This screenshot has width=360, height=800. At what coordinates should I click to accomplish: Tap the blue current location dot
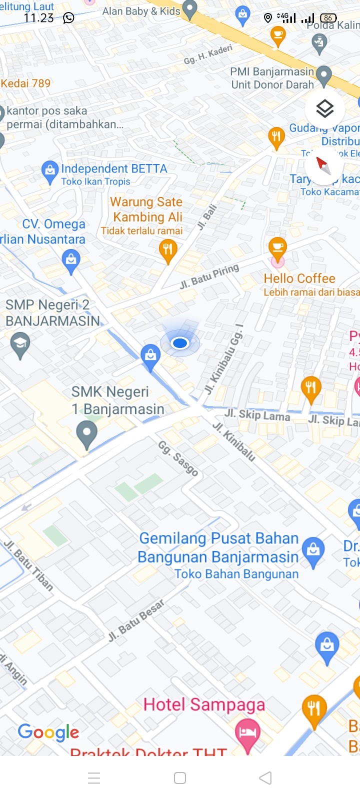coord(180,343)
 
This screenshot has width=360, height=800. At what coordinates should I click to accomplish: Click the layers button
coord(324,108)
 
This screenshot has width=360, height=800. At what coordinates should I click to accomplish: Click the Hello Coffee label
coord(299,278)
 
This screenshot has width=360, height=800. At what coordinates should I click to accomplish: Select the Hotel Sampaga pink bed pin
coord(247,733)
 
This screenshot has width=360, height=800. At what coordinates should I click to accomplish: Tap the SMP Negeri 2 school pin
coord(20,344)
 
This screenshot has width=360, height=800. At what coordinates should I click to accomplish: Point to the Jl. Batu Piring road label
coord(209,277)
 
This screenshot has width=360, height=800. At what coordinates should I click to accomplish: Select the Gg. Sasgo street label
coord(178,458)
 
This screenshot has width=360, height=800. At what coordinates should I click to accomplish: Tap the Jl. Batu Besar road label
coord(136,620)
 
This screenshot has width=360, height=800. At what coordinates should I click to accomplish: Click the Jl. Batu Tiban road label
coord(28,565)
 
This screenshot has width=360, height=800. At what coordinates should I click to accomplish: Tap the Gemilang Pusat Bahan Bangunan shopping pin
coord(313,550)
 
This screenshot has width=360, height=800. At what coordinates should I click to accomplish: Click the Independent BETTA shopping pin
coord(49,171)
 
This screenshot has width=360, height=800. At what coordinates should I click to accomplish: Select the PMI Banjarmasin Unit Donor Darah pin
coord(324,76)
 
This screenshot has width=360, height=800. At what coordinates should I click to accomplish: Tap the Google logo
coord(48,732)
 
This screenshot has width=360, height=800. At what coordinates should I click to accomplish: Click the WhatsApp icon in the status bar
coord(68,18)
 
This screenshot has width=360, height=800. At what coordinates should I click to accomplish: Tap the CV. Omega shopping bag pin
coord(71,261)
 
